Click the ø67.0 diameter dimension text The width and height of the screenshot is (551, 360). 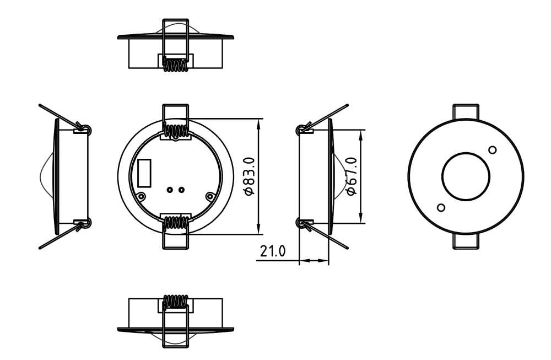click(x=352, y=176)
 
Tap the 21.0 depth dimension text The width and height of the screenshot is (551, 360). click(x=273, y=251)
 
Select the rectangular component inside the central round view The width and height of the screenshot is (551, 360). click(x=144, y=173)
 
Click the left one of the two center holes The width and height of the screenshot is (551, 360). click(x=170, y=190)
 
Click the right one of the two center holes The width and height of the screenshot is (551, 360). click(x=181, y=190)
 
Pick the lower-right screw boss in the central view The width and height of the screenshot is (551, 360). click(x=210, y=196)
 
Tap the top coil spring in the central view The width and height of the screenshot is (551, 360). click(x=176, y=131)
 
